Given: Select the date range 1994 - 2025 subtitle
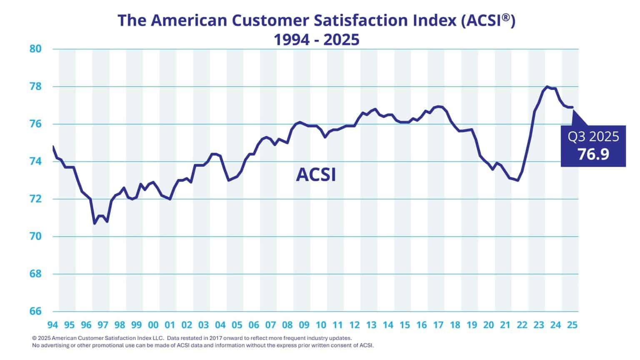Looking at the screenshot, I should tap(316, 40).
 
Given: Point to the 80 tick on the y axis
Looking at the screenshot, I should tap(36, 49).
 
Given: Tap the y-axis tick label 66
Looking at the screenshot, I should tap(36, 311).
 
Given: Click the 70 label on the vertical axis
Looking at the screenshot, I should tap(36, 236).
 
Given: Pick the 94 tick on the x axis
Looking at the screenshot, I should tap(52, 325).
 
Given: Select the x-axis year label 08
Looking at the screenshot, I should tap(287, 325).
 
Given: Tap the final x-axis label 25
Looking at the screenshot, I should tap(572, 325).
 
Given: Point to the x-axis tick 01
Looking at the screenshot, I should tap(170, 325).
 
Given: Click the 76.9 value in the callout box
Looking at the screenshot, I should tap(593, 154).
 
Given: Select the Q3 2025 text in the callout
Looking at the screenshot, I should tap(593, 137).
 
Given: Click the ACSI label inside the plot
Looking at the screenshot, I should tap(316, 175).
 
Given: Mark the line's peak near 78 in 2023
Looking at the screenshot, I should tap(547, 87).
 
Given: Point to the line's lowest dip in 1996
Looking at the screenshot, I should tap(95, 223).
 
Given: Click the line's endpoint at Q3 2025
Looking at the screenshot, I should tap(572, 107).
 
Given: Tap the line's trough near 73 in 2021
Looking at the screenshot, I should tap(518, 180).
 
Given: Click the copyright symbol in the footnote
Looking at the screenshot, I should tap(34, 338).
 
